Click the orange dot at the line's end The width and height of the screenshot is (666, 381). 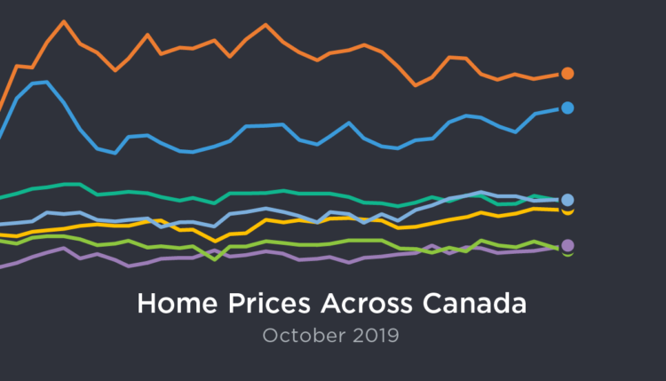pyautogui.click(x=567, y=74)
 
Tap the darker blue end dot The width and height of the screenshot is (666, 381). pyautogui.click(x=567, y=107)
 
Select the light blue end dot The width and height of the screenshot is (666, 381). pyautogui.click(x=567, y=200)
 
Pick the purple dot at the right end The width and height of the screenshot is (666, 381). pyautogui.click(x=567, y=245)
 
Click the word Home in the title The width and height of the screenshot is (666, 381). pyautogui.click(x=170, y=305)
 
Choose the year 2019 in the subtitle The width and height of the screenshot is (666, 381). pyautogui.click(x=375, y=337)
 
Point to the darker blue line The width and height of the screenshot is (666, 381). pyautogui.click(x=266, y=125)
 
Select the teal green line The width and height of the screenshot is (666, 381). pyautogui.click(x=266, y=192)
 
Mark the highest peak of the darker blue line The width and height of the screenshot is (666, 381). pyautogui.click(x=44, y=82)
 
